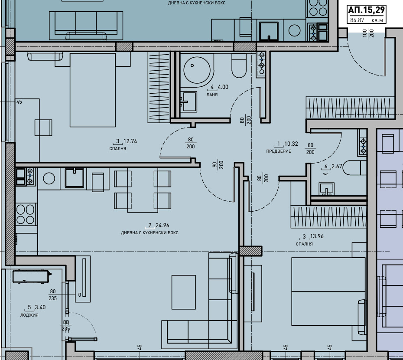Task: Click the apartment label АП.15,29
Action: pyautogui.click(x=366, y=10)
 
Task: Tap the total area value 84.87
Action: pyautogui.click(x=357, y=20)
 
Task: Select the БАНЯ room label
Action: pyautogui.click(x=212, y=95)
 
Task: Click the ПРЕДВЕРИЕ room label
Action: pyautogui.click(x=278, y=151)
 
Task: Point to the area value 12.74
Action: pyautogui.click(x=130, y=141)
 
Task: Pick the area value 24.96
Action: pyautogui.click(x=162, y=226)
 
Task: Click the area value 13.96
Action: pyautogui.click(x=317, y=236)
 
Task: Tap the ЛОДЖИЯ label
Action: pyautogui.click(x=29, y=315)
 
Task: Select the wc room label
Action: pyautogui.click(x=325, y=174)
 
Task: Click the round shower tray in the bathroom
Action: pyautogui.click(x=197, y=70)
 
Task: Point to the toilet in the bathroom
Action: pyautogui.click(x=239, y=65)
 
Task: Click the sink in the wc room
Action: pyautogui.click(x=326, y=189)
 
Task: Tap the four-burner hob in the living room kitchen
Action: pyautogui.click(x=26, y=214)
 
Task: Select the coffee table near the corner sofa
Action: pyautogui.click(x=183, y=292)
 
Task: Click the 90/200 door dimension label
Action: pyautogui.click(x=218, y=164)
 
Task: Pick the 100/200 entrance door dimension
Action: pyautogui.click(x=368, y=33)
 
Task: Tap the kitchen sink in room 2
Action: pyautogui.click(x=74, y=177)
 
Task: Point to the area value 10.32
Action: pyautogui.click(x=291, y=144)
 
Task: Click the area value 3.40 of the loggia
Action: pyautogui.click(x=40, y=307)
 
